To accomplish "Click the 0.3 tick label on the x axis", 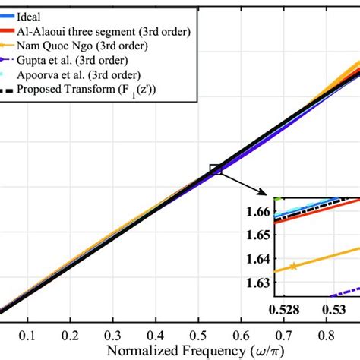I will coord(113,335).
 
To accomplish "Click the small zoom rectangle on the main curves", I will coord(216,170).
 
